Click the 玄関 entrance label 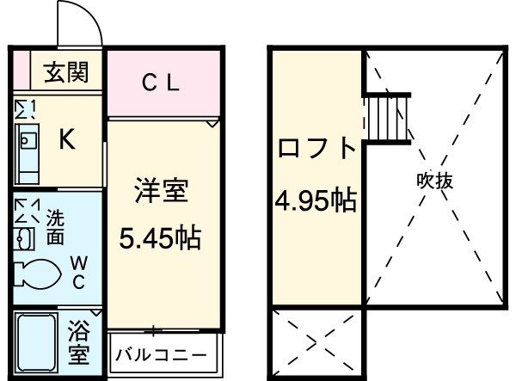66,73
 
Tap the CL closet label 160,83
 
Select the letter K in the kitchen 65,140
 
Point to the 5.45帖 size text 160,237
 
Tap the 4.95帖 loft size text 316,204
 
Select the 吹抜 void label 435,181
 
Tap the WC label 77,271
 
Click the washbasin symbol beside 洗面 25,236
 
